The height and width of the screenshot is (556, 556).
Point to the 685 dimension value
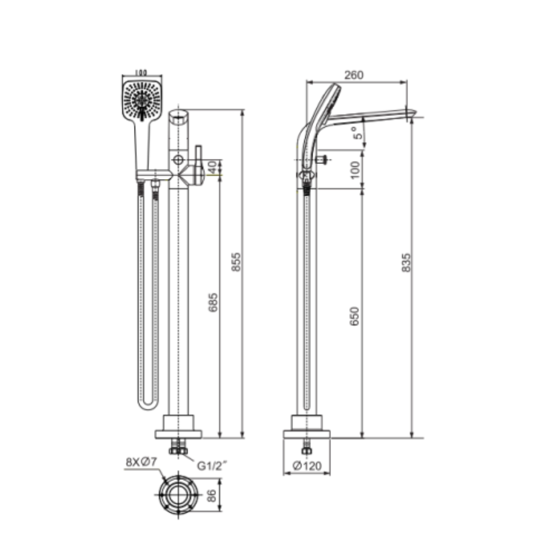pos(213,302)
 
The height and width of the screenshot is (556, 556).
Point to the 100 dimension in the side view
pos(355,168)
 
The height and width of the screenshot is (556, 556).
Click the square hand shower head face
pos(142,100)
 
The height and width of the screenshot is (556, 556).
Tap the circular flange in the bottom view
pos(178,495)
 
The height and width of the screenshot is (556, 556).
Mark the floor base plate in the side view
pos(307,433)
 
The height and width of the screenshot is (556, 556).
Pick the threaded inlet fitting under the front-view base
pos(178,447)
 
